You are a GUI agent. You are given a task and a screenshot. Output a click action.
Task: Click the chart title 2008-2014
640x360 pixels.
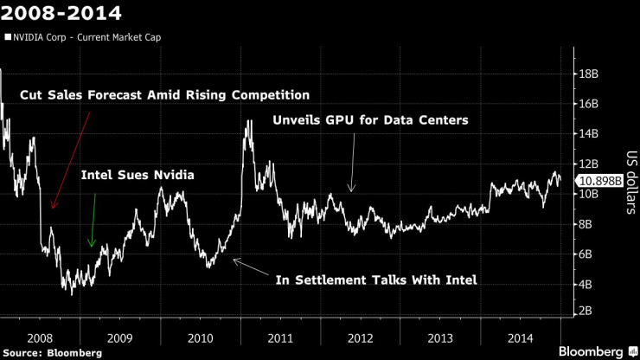(61, 14)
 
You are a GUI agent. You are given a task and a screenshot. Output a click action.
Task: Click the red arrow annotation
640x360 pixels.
(71, 160)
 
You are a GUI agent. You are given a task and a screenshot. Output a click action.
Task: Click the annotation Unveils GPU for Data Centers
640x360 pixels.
(370, 120)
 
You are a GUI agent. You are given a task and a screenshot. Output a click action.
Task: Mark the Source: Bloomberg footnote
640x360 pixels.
(51, 352)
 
